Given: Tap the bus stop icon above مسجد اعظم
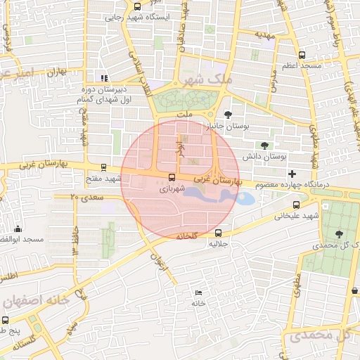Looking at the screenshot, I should (302, 54).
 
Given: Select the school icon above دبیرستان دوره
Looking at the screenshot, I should (104, 78).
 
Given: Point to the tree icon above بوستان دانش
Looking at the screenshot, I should (264, 144).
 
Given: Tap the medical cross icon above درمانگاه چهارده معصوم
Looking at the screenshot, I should (292, 174).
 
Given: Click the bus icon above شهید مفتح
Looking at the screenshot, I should (104, 168).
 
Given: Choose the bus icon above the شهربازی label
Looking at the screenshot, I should (172, 177).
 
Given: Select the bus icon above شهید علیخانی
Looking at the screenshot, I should (296, 205).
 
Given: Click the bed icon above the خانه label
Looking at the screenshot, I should (198, 292).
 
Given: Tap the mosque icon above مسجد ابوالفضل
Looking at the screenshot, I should (18, 229).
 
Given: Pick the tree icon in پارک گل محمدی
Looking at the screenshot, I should (340, 233).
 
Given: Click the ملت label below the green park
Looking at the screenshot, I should (185, 113).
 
